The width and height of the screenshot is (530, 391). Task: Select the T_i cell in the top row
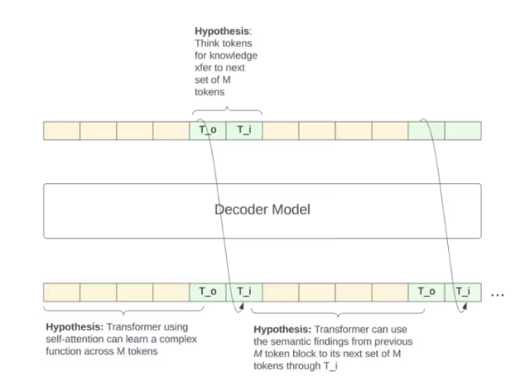(243, 130)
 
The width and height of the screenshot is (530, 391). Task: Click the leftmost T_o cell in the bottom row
(208, 292)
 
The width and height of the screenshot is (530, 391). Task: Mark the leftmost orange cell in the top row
(61, 130)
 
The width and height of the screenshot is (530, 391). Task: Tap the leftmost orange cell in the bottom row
(61, 292)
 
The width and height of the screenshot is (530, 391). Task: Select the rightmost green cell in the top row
(462, 130)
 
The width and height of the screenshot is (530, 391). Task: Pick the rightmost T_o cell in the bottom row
(426, 292)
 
